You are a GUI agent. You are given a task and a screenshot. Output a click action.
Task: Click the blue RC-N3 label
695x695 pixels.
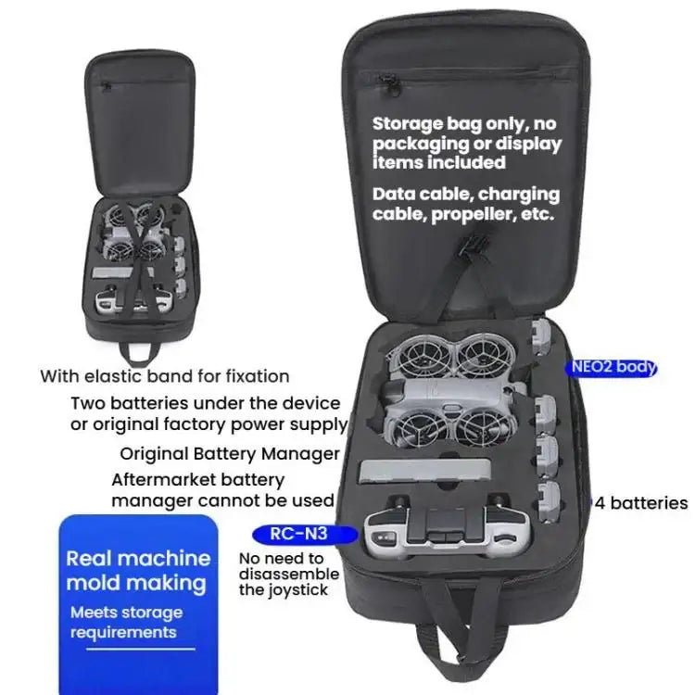point(305,534)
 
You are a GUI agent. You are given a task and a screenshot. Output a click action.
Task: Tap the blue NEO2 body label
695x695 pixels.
point(611,368)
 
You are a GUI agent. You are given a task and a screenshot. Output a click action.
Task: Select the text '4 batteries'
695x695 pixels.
point(641,503)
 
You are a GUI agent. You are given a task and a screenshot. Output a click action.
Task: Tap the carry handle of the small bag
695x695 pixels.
point(139,353)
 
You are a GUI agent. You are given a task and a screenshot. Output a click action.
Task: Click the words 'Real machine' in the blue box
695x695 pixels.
point(138,559)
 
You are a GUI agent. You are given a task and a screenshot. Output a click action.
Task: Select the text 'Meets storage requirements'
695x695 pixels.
point(126,623)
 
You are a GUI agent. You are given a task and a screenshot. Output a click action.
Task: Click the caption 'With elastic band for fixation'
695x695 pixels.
point(165,376)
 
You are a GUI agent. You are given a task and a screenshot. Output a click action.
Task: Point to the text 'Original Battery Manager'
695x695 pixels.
point(230,454)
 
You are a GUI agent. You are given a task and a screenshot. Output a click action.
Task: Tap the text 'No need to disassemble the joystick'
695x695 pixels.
point(289,574)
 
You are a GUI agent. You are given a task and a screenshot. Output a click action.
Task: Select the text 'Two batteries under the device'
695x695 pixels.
point(205,403)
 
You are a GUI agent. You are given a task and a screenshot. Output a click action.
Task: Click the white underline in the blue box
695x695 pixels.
point(141,650)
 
